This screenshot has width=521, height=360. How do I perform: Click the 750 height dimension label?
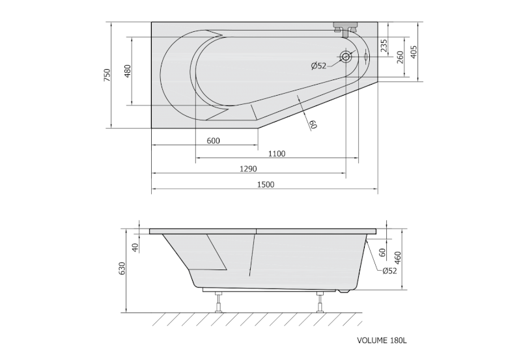point(107,75)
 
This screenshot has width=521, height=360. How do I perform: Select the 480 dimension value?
point(128,71)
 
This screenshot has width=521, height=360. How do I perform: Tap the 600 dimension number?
point(214,141)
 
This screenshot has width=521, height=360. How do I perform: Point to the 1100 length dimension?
point(277,154)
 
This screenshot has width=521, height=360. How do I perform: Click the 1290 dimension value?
point(249,169)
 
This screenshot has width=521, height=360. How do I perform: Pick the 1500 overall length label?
point(266,185)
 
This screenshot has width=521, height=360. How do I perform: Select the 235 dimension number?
point(384,46)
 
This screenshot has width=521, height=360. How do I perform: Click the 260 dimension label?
point(400,57)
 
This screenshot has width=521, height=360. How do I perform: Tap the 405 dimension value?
point(414,52)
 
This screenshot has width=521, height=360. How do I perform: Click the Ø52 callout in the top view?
point(318,66)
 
